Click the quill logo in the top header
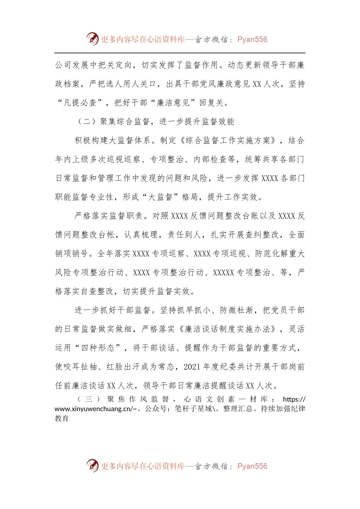pyautogui.click(x=92, y=39)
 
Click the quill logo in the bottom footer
pyautogui.click(x=92, y=465)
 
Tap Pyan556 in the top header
pyautogui.click(x=252, y=39)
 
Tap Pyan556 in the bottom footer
pyautogui.click(x=252, y=466)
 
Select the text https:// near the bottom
pyautogui.click(x=294, y=399)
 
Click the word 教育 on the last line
pyautogui.click(x=62, y=418)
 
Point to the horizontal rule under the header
pyautogui.click(x=180, y=53)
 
